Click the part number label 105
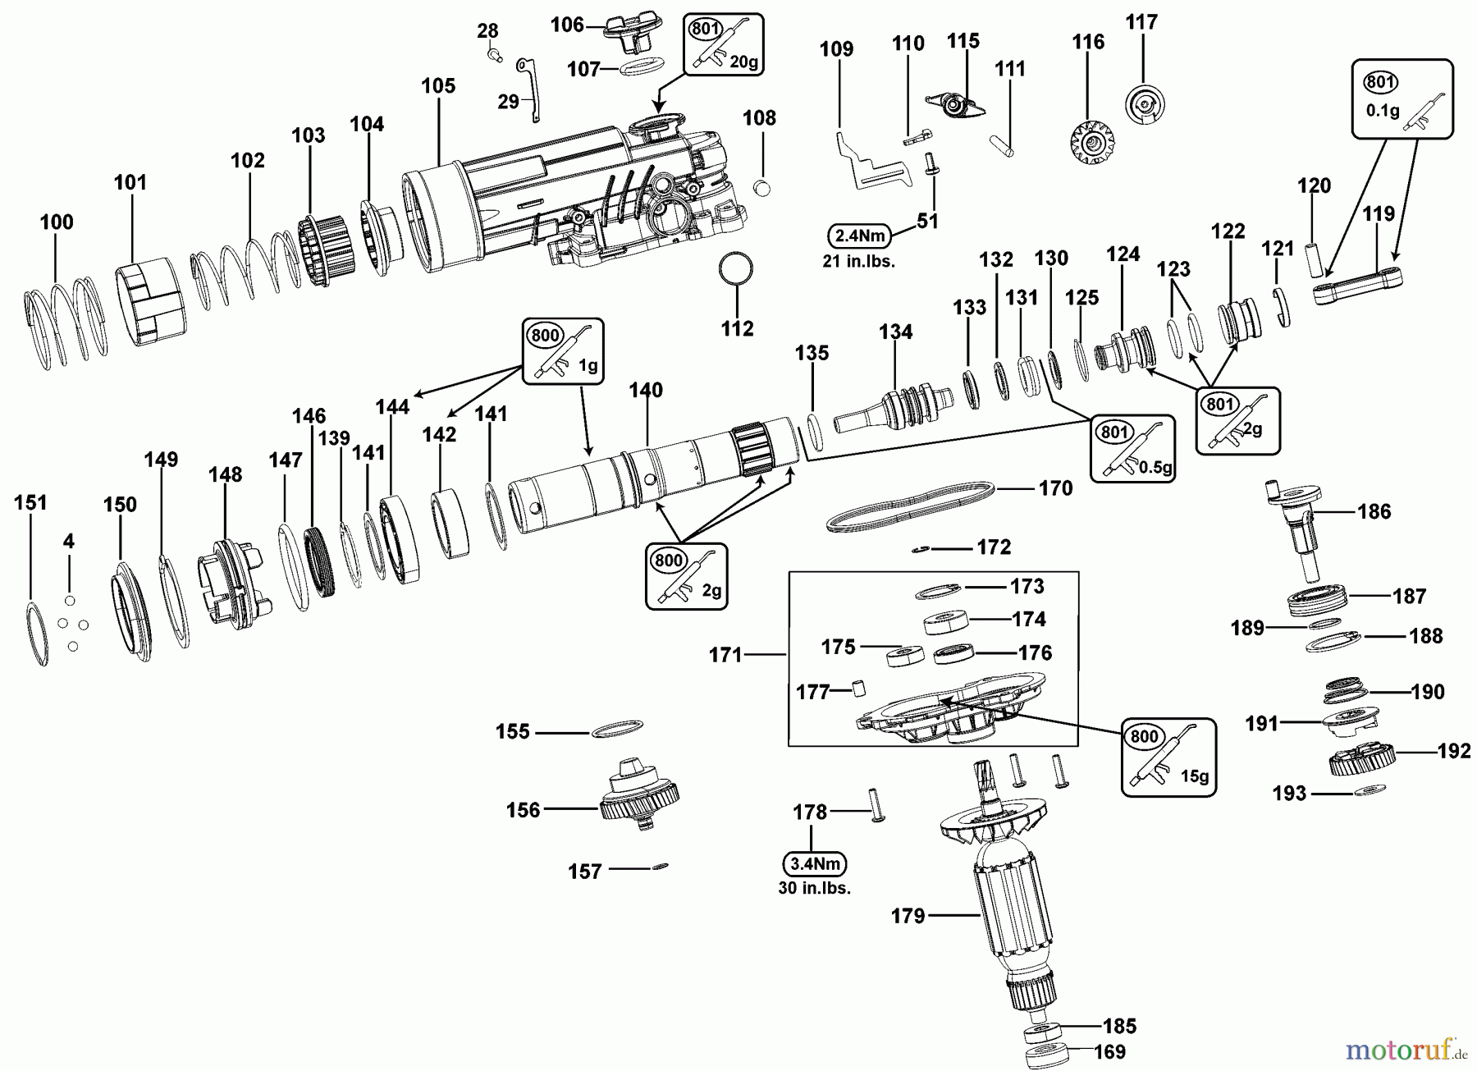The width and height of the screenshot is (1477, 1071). point(438,86)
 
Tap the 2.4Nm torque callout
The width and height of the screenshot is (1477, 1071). point(860,236)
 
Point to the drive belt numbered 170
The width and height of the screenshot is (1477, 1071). point(911,507)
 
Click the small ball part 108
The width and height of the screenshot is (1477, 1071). point(762,187)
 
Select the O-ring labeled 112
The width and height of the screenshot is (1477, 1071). point(736,268)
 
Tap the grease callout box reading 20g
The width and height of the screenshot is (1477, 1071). point(723,45)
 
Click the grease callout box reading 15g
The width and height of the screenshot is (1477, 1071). point(1168,757)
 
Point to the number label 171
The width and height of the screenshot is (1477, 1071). point(725,655)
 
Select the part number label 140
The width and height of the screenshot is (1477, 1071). point(646,390)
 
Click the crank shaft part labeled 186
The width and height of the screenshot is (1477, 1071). point(1298,530)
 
